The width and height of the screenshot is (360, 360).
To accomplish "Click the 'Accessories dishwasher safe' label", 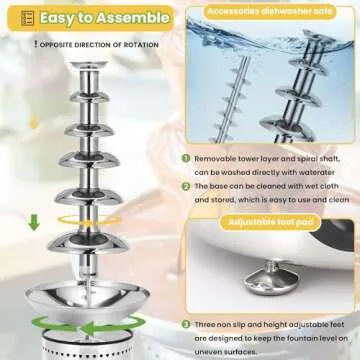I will pos(267,11).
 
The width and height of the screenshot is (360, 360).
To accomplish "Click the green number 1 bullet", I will pos(186,158).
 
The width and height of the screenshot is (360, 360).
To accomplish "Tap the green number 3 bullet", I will pos(186,325).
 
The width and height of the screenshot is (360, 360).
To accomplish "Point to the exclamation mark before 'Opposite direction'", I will pos(36,45).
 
